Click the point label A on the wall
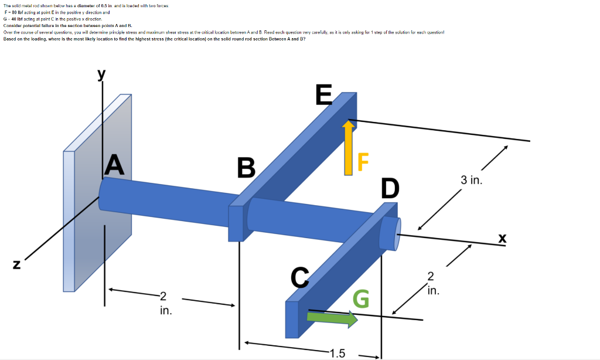[114, 164]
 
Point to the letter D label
[390, 188]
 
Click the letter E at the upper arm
[323, 94]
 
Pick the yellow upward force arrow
[349, 147]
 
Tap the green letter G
[361, 300]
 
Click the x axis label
[502, 238]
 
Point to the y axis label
[102, 74]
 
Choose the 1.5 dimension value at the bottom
[337, 353]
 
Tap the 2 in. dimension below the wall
[165, 303]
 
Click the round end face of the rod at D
[390, 233]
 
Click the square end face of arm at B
[235, 223]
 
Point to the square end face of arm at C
[292, 320]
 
